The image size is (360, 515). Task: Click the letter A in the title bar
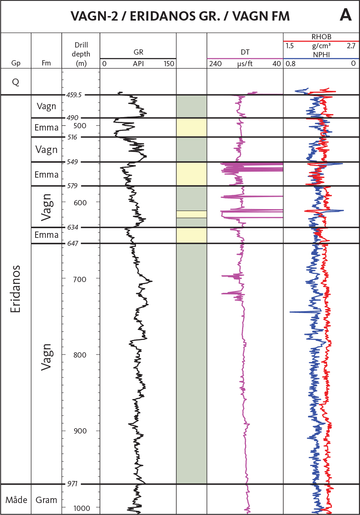click(x=346, y=15)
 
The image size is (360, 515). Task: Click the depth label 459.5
click(x=74, y=95)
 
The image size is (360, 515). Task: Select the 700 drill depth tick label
click(x=80, y=279)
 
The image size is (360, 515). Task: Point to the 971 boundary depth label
click(x=72, y=484)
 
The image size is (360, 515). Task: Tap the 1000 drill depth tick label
click(x=82, y=508)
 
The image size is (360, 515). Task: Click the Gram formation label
click(x=46, y=500)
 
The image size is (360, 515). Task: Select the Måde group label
click(x=16, y=500)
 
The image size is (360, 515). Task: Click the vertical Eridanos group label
click(x=15, y=289)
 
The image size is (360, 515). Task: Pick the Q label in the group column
click(x=16, y=82)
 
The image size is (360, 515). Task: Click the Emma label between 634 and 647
click(x=46, y=235)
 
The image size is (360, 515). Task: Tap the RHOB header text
click(x=321, y=37)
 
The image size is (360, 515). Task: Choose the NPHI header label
click(x=321, y=55)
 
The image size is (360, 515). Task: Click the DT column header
click(x=245, y=52)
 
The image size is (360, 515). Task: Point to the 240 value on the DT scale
click(x=215, y=64)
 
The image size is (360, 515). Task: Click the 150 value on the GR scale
click(x=169, y=64)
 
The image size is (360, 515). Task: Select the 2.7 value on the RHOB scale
click(x=351, y=46)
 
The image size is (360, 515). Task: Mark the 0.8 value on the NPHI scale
click(x=290, y=64)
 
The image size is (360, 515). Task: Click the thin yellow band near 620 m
click(x=191, y=214)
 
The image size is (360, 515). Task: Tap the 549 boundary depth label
click(x=73, y=162)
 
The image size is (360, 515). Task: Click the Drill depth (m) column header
click(x=81, y=54)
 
